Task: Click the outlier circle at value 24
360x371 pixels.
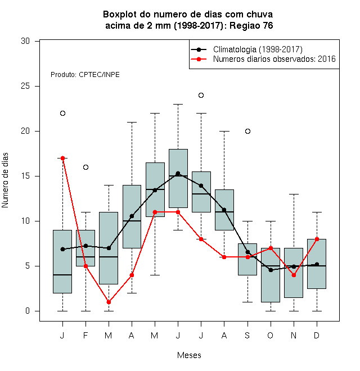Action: click(201, 96)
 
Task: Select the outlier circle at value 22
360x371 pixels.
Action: click(62, 114)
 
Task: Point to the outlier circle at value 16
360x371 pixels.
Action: click(85, 168)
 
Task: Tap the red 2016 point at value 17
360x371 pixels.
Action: click(62, 158)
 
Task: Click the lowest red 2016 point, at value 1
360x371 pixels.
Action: click(109, 302)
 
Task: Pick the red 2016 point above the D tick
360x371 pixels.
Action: click(317, 239)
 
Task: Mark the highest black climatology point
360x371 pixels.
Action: click(178, 174)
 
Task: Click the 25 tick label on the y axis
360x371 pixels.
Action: click(25, 86)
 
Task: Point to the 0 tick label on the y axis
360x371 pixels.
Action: click(28, 311)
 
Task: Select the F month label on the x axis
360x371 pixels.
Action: click(85, 335)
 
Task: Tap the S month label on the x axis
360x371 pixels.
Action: click(247, 335)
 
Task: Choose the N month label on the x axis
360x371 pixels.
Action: click(294, 335)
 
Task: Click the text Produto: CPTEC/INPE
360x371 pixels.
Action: click(85, 75)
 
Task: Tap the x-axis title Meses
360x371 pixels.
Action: click(189, 355)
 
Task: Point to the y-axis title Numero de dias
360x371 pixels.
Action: click(5, 180)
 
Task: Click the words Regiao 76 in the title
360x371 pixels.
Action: click(251, 25)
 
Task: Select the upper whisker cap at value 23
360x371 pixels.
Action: click(178, 104)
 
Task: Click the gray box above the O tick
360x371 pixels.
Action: click(271, 275)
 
